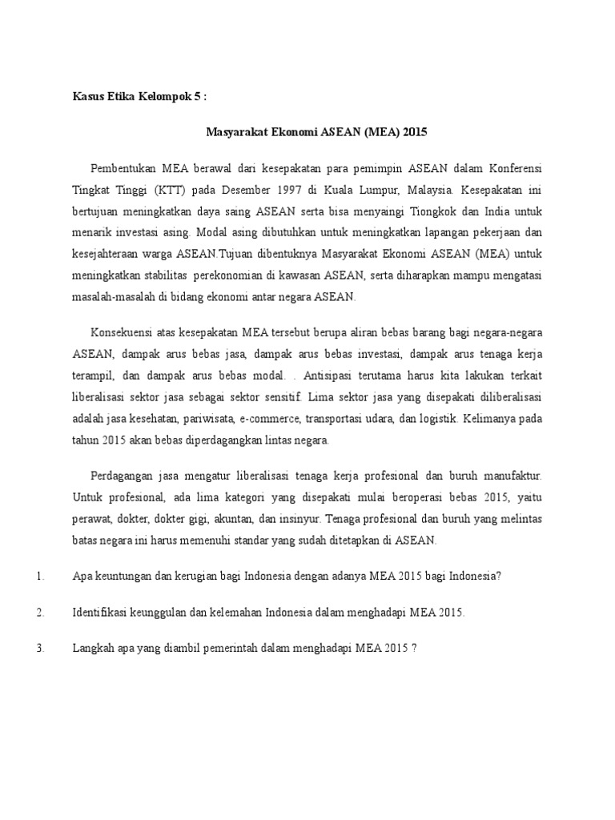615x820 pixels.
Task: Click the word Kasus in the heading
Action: click(x=89, y=97)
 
